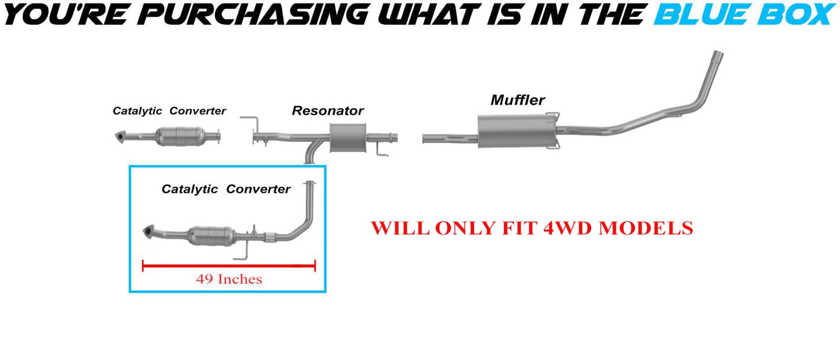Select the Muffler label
(x=517, y=100)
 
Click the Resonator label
(x=327, y=111)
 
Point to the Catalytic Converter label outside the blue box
(x=169, y=111)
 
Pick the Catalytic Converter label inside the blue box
(x=226, y=189)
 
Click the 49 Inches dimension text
(x=229, y=279)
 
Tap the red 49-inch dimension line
(x=229, y=266)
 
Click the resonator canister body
(x=347, y=138)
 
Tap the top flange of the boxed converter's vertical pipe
(x=311, y=184)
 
